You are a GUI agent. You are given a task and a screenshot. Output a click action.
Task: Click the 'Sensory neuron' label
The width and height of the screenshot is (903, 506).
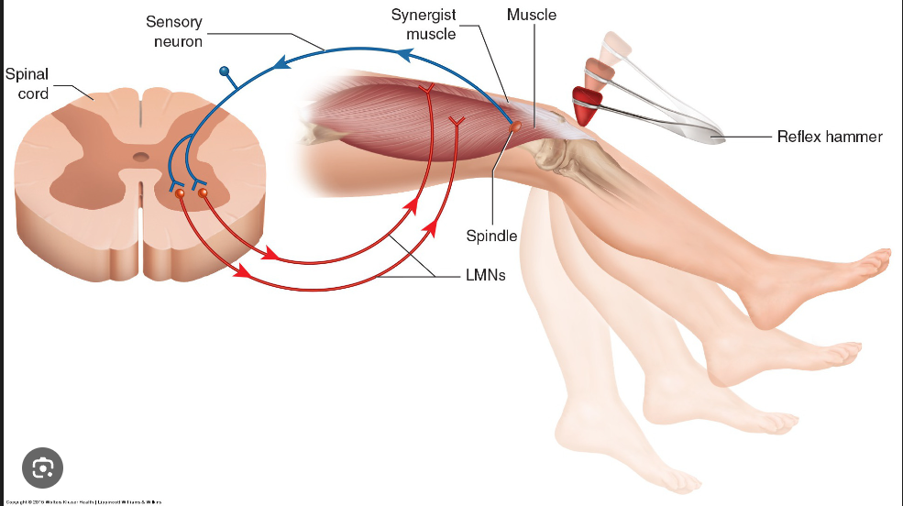click(173, 31)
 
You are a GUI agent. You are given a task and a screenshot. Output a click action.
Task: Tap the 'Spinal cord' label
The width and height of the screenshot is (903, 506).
click(28, 83)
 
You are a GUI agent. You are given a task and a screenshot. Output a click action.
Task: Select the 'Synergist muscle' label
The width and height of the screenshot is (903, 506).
click(424, 25)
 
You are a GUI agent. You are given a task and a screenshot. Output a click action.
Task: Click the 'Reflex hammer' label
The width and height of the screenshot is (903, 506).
click(829, 137)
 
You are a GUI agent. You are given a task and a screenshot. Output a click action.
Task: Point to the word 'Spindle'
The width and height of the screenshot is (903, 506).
click(491, 236)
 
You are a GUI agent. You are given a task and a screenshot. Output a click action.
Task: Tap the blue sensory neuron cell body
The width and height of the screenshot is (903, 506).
click(224, 71)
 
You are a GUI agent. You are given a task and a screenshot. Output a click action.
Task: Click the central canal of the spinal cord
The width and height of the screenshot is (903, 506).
click(140, 158)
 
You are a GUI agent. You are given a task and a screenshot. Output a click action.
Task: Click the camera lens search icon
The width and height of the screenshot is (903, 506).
click(42, 468)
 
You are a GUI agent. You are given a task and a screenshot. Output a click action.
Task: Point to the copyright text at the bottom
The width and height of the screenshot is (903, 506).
click(83, 501)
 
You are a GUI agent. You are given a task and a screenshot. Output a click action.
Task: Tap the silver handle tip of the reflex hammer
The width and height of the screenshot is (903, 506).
click(710, 137)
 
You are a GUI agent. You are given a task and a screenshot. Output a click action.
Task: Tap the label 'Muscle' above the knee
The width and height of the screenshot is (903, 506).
click(531, 15)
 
